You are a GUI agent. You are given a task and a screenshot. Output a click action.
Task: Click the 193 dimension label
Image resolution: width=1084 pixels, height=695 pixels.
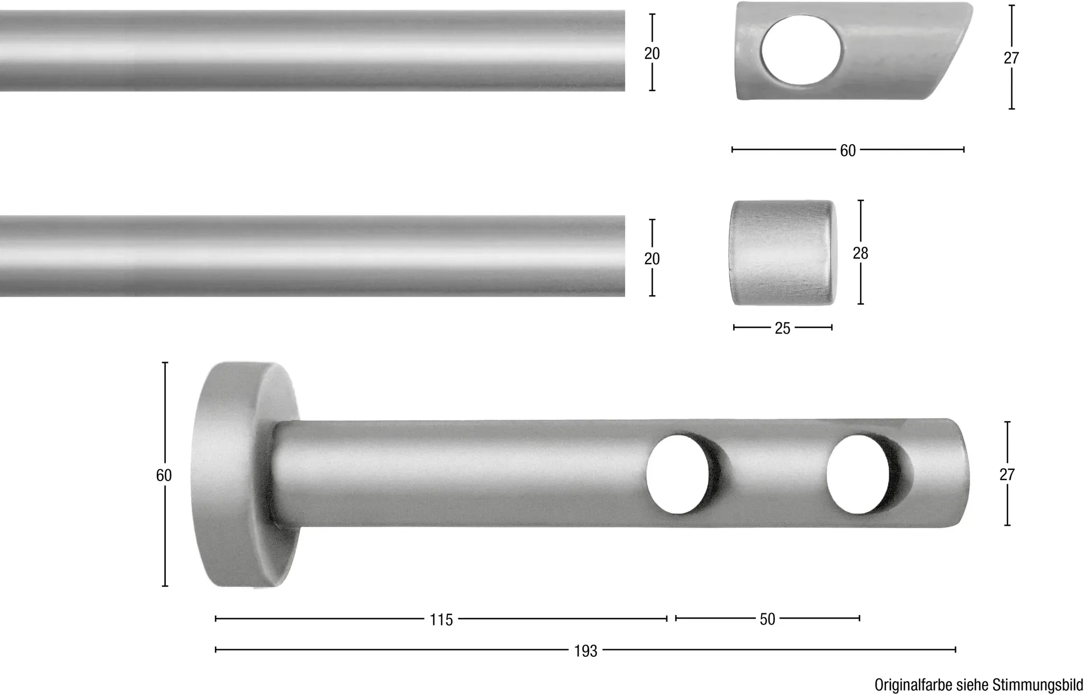pos(585,651)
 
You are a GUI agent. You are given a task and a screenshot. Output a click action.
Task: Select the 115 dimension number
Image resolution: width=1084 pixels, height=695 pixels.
pos(441,620)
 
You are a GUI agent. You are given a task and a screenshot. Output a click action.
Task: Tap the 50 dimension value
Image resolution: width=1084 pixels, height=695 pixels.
pos(767,619)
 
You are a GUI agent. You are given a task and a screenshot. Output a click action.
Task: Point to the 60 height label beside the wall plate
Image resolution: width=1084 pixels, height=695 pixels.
pos(164,476)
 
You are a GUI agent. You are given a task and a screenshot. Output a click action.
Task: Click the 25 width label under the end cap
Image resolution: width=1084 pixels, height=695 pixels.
pos(782,328)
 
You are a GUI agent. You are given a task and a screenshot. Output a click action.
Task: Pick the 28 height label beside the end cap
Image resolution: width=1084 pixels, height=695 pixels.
pos(861,254)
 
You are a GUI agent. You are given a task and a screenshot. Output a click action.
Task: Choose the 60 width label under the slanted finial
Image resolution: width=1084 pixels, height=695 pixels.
pos(848,151)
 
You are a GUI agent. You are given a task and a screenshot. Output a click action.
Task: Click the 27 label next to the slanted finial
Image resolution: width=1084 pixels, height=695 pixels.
pos(1011,58)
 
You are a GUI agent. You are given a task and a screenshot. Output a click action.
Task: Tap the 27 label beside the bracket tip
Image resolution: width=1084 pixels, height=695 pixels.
pos(1007,475)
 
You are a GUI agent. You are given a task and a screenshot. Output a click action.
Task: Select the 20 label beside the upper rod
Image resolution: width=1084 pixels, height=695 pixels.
pos(652,54)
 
